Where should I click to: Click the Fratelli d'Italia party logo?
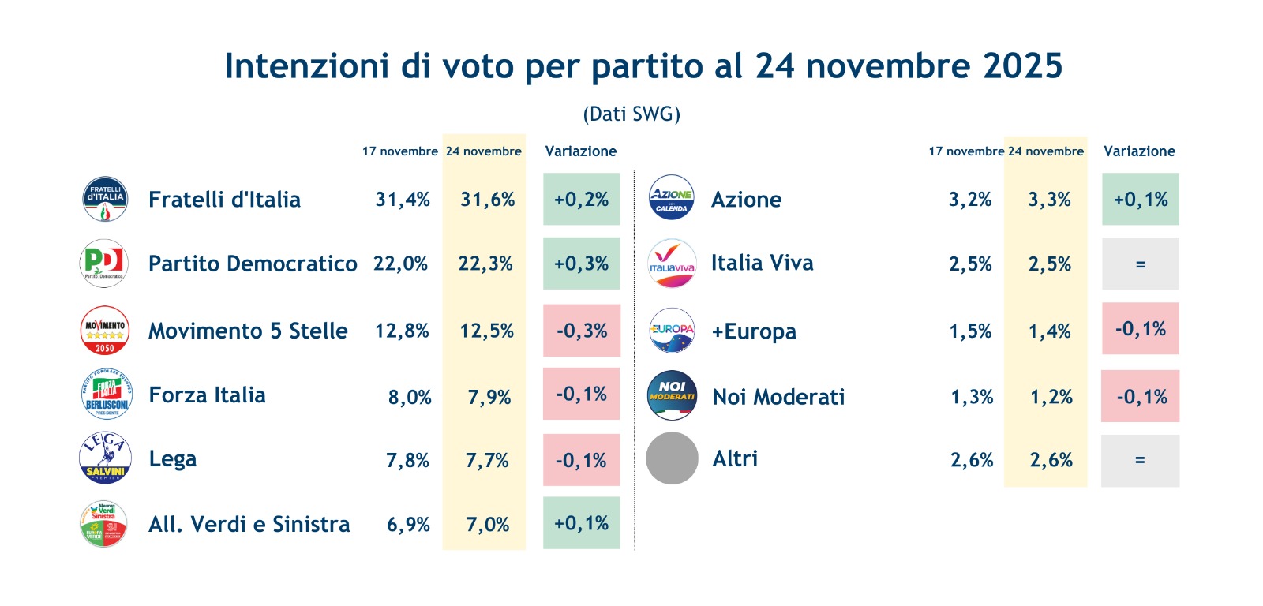pyautogui.click(x=105, y=199)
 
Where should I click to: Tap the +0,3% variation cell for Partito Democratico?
pyautogui.click(x=581, y=264)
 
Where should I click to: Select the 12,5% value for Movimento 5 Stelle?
pyautogui.click(x=486, y=331)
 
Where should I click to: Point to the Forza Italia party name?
pyautogui.click(x=207, y=395)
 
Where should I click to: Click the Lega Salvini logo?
pyautogui.click(x=105, y=458)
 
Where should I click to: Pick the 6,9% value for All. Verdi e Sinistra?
pyautogui.click(x=408, y=525)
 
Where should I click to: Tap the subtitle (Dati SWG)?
pyautogui.click(x=631, y=114)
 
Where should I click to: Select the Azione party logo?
pyautogui.click(x=671, y=197)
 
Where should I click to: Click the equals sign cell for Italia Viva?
pyautogui.click(x=1140, y=264)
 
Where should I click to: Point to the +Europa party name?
pyautogui.click(x=754, y=331)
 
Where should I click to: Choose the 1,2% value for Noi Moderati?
pyautogui.click(x=1051, y=397)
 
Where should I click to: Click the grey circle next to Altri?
pyautogui.click(x=672, y=458)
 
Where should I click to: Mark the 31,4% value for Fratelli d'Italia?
pyautogui.click(x=403, y=200)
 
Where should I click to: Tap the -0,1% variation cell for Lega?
pyautogui.click(x=581, y=460)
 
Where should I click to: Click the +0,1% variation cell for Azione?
pyautogui.click(x=1140, y=200)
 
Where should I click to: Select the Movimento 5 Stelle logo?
pyautogui.click(x=105, y=330)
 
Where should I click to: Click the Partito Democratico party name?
pyautogui.click(x=253, y=264)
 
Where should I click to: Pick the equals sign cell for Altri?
pyautogui.click(x=1140, y=460)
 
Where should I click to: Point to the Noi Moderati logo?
pyautogui.click(x=672, y=395)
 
